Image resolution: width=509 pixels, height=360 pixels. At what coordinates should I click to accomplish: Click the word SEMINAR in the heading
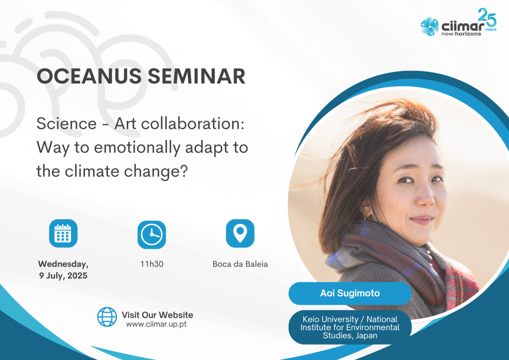pos(197,76)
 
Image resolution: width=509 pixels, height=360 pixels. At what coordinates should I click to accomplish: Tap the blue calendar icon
pos(63,233)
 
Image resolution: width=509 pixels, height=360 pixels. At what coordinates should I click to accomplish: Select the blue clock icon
pos(152,235)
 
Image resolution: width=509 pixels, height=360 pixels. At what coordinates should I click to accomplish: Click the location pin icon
pos(240,233)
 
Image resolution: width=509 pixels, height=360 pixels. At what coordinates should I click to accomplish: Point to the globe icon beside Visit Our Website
pos(107,317)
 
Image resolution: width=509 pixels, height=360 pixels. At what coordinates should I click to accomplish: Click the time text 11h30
pos(152,264)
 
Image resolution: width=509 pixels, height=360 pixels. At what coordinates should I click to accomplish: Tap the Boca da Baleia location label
pos(240,264)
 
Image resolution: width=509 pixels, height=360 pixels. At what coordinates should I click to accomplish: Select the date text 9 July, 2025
pos(63,275)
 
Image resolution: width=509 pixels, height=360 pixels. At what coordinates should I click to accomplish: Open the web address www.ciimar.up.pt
pos(157,324)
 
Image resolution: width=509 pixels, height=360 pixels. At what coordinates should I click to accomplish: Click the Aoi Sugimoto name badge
pos(350,293)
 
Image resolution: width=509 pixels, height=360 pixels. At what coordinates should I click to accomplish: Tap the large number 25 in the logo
pos(487,17)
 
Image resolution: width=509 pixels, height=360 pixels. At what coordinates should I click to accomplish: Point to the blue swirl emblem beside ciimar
pos(429,26)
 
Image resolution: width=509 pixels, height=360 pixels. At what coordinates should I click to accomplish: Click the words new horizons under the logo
pos(461,34)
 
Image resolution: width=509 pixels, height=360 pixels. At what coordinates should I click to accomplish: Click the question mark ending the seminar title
pos(184,171)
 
